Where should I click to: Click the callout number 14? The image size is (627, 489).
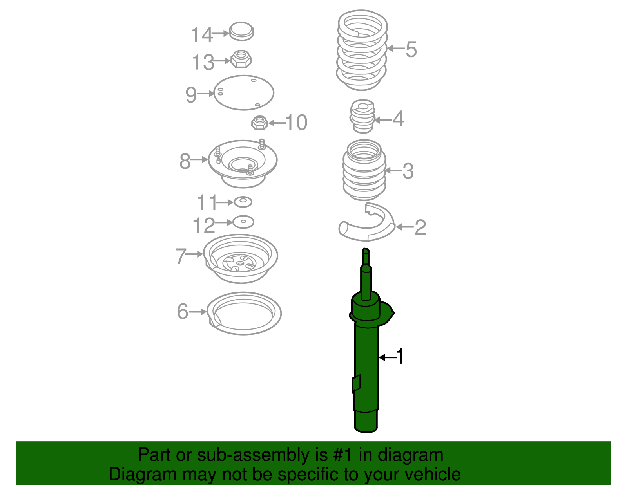(x=201, y=35)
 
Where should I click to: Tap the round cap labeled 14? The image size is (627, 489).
(x=241, y=31)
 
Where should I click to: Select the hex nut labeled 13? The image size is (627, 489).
(x=241, y=59)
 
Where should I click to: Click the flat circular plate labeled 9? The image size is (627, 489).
(x=243, y=93)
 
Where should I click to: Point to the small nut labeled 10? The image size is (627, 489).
(x=259, y=123)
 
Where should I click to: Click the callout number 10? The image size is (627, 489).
(x=296, y=123)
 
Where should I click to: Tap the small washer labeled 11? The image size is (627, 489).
(x=243, y=202)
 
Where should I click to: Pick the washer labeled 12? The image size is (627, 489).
(x=243, y=222)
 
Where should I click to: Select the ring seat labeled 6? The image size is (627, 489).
(x=244, y=313)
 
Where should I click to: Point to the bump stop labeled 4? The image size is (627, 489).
(x=362, y=116)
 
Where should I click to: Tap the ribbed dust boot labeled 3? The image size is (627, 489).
(x=364, y=171)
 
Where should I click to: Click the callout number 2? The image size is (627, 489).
(x=420, y=227)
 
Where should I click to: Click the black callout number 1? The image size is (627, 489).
(x=400, y=357)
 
